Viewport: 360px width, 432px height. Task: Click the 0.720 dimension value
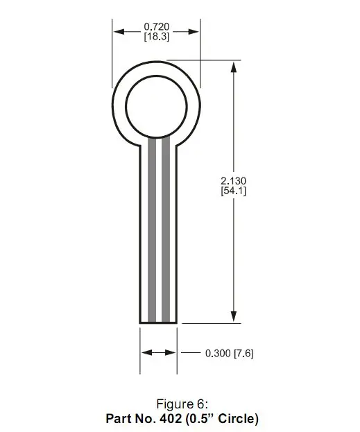click(157, 27)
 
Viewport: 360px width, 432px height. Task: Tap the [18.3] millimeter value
click(157, 36)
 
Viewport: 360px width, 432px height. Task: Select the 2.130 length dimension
click(234, 181)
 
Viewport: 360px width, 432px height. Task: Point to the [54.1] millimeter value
click(234, 191)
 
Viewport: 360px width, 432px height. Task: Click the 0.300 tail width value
click(218, 353)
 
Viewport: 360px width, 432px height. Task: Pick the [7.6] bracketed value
click(243, 353)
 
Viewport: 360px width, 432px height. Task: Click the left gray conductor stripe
click(152, 230)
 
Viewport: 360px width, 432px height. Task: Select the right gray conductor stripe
click(166, 230)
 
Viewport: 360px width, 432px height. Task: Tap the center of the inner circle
click(156, 107)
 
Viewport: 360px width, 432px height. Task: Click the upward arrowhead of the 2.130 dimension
click(234, 67)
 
